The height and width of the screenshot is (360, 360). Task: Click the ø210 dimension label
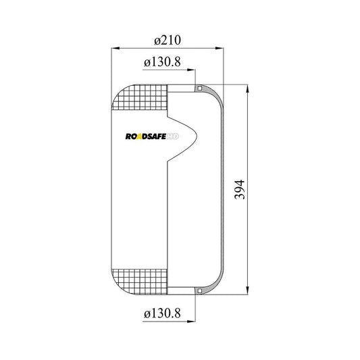pos(168,40)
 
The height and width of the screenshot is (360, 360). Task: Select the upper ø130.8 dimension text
pos(162,62)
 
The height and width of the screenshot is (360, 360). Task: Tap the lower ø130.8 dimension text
pos(162,313)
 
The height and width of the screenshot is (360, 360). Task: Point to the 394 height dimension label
pos(240,189)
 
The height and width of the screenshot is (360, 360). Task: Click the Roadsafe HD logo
pos(152,136)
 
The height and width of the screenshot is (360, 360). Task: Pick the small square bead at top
pos(200,88)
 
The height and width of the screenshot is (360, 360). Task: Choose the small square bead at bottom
pos(200,291)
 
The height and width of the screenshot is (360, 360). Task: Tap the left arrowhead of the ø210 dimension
pos(115,48)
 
